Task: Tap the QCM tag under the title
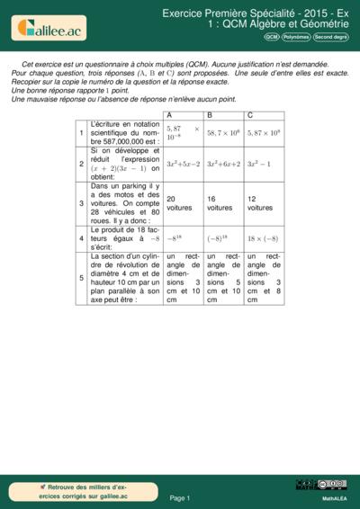271,38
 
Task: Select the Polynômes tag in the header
296,38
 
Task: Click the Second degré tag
330,38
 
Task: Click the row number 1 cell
81,134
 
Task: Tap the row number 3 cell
81,203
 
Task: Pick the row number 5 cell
81,278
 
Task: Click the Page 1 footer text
179,497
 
